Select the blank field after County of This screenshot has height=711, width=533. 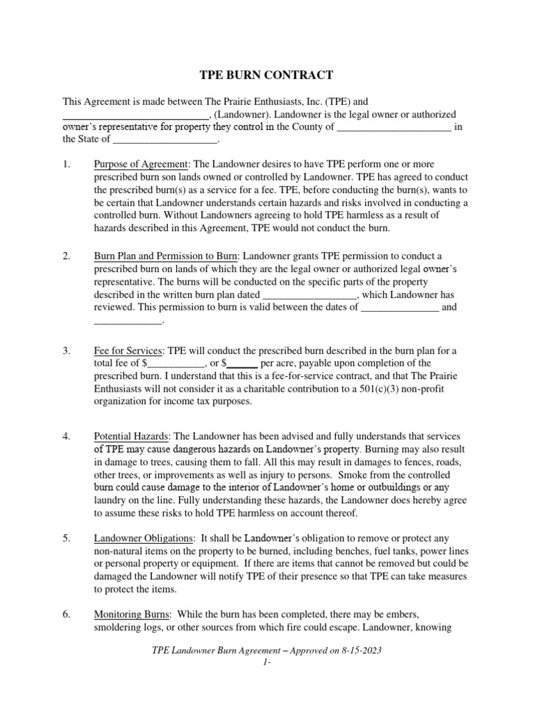click(394, 127)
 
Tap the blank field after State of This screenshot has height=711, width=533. click(165, 140)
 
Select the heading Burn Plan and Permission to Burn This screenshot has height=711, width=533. click(166, 257)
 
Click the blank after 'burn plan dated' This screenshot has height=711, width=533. click(311, 294)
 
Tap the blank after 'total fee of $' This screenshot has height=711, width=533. click(176, 363)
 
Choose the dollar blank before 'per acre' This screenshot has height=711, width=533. click(242, 363)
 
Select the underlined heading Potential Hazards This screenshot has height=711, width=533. click(131, 437)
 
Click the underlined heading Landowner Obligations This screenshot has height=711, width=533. click(144, 539)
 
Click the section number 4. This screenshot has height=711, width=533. click(67, 437)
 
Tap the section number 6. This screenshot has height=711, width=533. click(67, 615)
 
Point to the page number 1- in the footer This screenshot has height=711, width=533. click(266, 664)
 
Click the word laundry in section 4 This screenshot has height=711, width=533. click(110, 499)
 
